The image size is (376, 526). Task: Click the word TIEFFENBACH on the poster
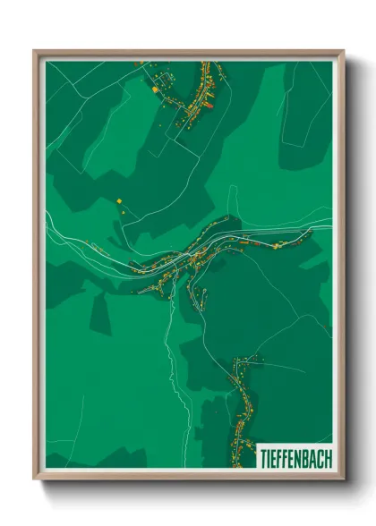(295, 456)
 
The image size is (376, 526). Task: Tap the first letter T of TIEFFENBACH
(261, 456)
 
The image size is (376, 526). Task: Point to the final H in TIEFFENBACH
(328, 456)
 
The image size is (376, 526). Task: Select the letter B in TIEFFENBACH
(303, 456)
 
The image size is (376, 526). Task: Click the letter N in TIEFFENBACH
(296, 456)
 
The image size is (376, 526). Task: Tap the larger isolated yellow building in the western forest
(117, 199)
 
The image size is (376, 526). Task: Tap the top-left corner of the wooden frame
(36, 52)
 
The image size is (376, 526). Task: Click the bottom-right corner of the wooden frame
(342, 479)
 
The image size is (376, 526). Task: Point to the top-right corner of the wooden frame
(342, 52)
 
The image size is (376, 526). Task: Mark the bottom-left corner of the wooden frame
(36, 479)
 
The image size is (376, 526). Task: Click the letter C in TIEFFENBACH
(320, 456)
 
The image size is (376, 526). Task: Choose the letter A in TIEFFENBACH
(312, 456)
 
